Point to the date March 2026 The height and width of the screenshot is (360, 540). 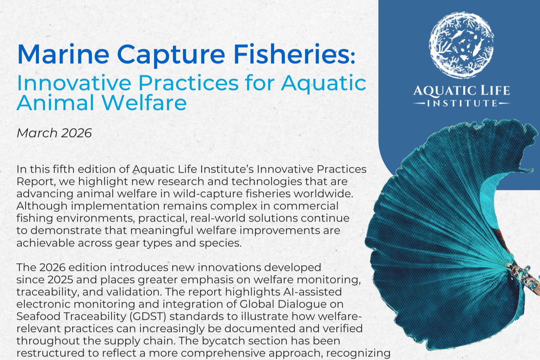point(54,133)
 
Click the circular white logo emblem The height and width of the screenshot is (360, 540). point(461,43)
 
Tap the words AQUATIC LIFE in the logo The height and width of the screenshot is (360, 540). point(461,91)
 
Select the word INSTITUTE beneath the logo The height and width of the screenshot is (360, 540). point(462,103)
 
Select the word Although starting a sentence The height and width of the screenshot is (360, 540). point(42,206)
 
